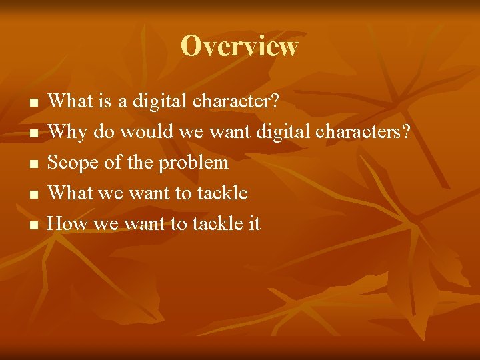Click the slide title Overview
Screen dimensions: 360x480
click(x=239, y=46)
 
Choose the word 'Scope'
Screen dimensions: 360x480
click(x=71, y=163)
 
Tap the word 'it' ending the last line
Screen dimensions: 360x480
click(x=254, y=224)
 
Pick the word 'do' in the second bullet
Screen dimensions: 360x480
click(x=103, y=132)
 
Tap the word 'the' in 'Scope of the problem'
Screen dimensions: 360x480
click(x=139, y=163)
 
